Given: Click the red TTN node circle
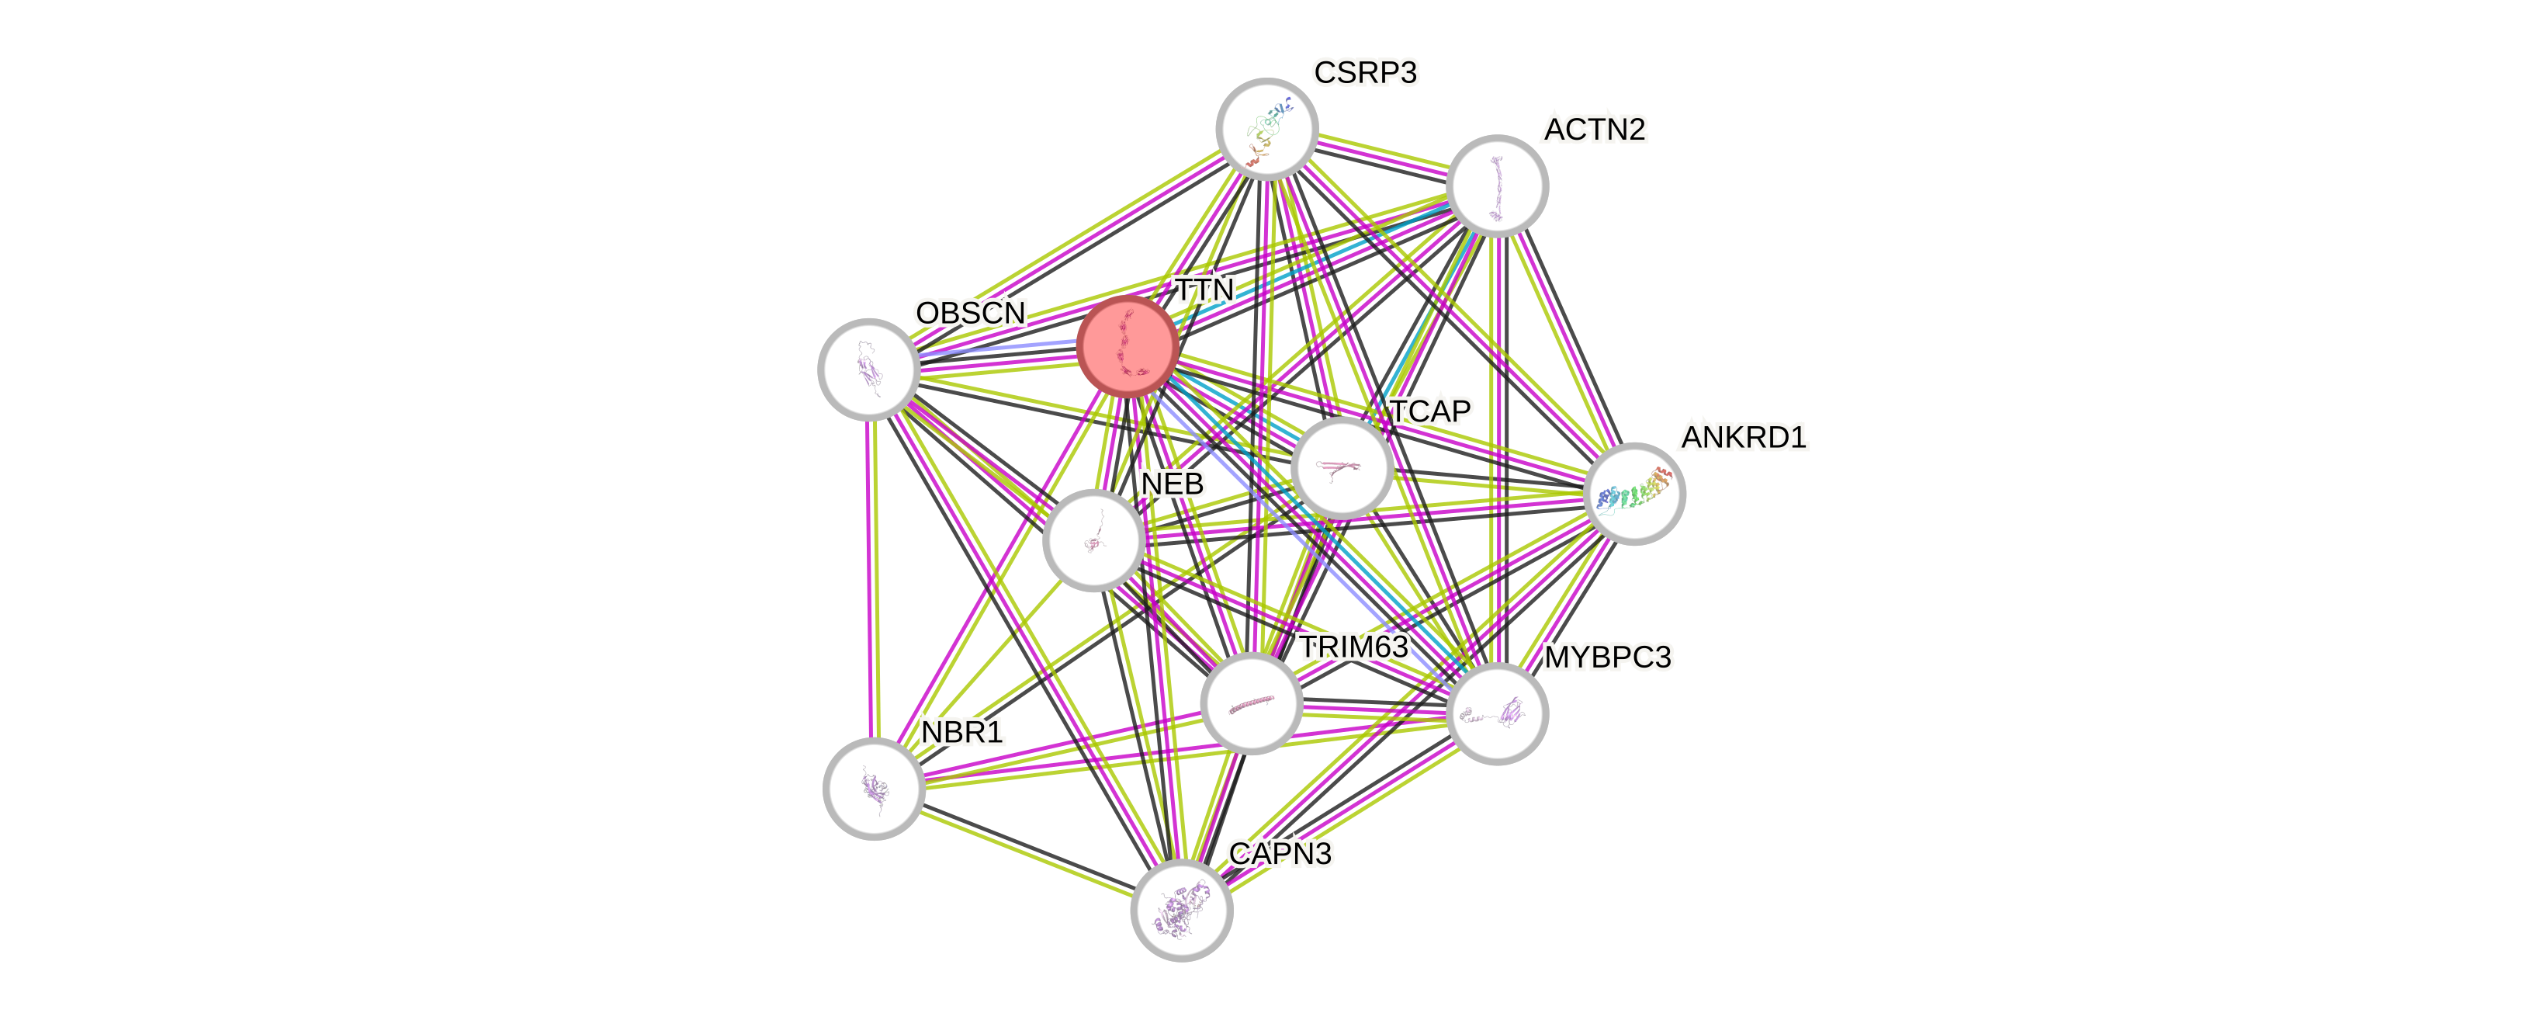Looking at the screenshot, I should [1127, 346].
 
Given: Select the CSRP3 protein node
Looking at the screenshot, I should [1267, 128].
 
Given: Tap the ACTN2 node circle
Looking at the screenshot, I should [1497, 185].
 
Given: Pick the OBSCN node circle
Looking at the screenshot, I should [868, 368].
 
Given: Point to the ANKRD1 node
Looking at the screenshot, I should [1634, 494].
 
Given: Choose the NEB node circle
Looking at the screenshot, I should [1093, 541].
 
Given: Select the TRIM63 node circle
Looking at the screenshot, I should [1251, 704].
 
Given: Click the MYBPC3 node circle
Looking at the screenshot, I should [1497, 713].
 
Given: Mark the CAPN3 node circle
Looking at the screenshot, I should [1182, 911].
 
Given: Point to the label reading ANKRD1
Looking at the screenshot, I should [1744, 436].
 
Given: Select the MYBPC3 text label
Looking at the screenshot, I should [1608, 657].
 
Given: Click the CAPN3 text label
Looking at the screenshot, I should [1280, 854].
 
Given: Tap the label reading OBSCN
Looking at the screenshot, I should [970, 314].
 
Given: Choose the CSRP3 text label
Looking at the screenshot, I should [1366, 72].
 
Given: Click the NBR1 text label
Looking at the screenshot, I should [962, 731].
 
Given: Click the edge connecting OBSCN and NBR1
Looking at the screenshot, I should [871, 578].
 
